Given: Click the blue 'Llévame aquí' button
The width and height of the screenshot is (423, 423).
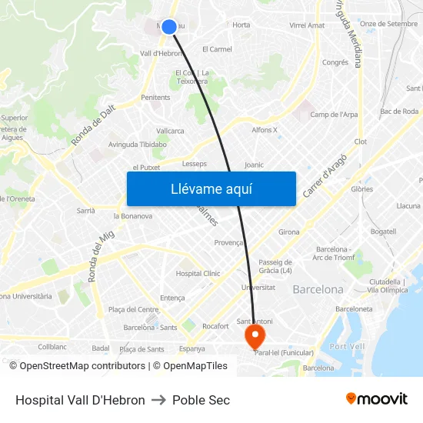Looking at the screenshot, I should click(211, 188).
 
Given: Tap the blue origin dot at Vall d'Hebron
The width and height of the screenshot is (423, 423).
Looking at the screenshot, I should click(169, 27).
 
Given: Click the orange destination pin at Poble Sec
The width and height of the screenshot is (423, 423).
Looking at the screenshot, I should click(254, 335).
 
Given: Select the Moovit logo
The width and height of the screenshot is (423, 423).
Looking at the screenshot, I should click(377, 399).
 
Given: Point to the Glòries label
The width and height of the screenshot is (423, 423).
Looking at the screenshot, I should click(361, 189).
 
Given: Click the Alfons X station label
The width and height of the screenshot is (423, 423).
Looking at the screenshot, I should click(265, 130).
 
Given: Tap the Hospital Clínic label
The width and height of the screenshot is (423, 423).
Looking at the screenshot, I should click(198, 273).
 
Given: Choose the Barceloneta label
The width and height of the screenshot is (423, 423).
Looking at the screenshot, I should click(354, 308).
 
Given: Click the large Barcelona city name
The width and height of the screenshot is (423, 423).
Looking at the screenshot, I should click(318, 290).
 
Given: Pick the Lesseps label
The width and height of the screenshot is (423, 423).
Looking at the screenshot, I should click(195, 164).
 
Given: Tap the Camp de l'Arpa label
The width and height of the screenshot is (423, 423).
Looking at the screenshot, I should click(334, 115).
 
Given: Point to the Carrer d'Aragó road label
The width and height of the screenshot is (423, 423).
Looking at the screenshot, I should click(325, 175).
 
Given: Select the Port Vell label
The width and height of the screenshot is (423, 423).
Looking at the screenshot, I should click(346, 346).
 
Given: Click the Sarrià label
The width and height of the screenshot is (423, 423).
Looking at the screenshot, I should click(85, 210).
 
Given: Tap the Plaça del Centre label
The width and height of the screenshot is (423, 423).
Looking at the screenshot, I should click(133, 309).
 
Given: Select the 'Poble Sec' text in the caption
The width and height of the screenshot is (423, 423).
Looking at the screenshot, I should click(201, 400).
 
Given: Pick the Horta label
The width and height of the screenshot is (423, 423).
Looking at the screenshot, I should click(241, 25).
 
